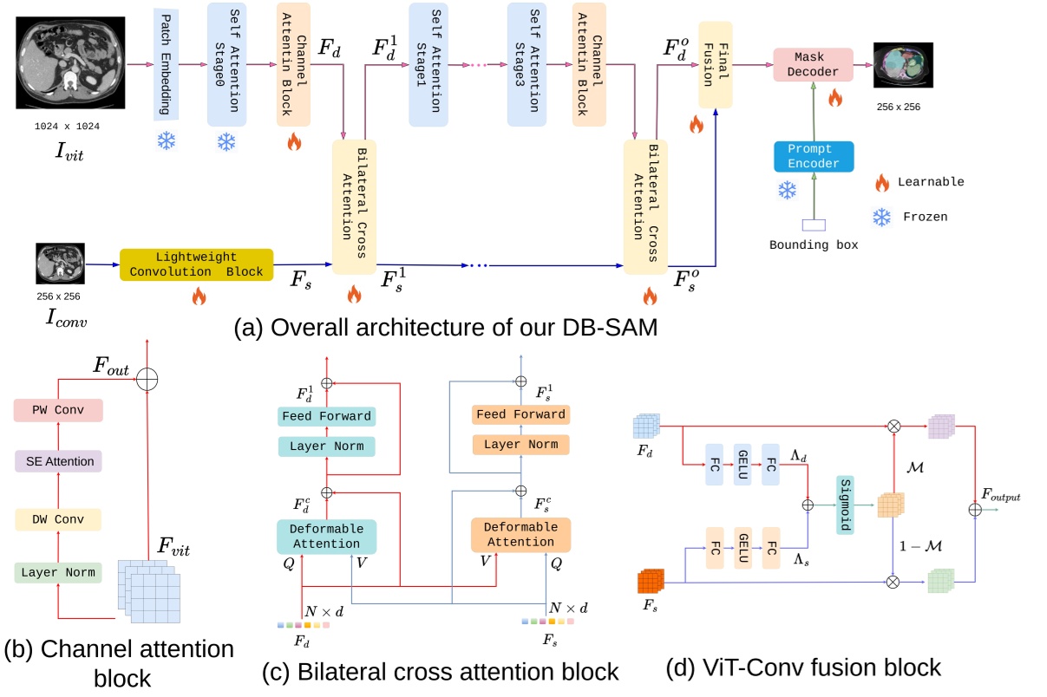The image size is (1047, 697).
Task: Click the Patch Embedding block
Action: coord(167,64)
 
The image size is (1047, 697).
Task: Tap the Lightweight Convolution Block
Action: coord(196,264)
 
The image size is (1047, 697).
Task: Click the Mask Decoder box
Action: coord(813,64)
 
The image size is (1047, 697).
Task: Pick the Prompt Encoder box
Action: coord(814,157)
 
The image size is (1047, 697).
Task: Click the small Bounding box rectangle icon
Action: coord(813,225)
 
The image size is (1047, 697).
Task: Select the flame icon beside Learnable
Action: coord(881,182)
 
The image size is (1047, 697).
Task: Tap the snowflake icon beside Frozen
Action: coord(881,218)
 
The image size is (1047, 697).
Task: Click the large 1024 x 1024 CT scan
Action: coord(67,64)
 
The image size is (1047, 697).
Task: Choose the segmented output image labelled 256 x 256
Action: coord(902,66)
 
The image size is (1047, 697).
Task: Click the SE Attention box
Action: coord(59,461)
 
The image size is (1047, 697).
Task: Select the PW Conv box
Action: coord(59,410)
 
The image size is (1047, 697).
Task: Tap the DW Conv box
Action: coord(59,519)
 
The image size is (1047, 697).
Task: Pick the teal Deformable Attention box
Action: coord(326,536)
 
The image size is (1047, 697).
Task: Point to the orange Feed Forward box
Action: coord(520,414)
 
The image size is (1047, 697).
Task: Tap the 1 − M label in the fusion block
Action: coord(920,546)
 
